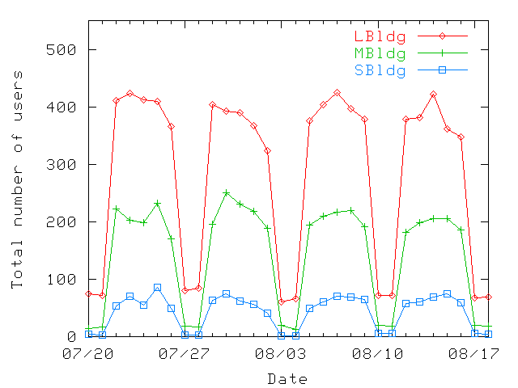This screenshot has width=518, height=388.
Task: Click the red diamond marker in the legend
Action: coord(443,36)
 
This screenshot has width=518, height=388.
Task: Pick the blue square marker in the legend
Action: coord(443,70)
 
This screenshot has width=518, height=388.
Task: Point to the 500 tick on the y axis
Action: coord(62,50)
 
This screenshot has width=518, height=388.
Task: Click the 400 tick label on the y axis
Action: coord(62,108)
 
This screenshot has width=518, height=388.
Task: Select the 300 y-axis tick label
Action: coord(62,165)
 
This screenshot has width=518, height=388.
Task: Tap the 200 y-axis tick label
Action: coord(62,222)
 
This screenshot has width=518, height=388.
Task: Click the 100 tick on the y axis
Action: coord(62,280)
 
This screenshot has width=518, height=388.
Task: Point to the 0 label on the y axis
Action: coord(71,337)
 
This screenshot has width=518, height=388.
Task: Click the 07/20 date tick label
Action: coord(88,354)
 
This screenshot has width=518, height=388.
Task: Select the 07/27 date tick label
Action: coord(185,354)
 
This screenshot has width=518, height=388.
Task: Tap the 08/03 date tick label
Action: coord(281,354)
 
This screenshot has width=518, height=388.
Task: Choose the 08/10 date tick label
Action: coord(377,354)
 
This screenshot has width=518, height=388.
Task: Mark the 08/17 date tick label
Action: coord(473,354)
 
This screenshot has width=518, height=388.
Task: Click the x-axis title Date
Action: coord(287,378)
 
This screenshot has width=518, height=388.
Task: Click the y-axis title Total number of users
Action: coord(17,179)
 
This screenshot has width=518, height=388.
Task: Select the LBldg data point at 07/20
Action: coord(88,293)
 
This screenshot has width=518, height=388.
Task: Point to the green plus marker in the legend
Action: coord(443,53)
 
